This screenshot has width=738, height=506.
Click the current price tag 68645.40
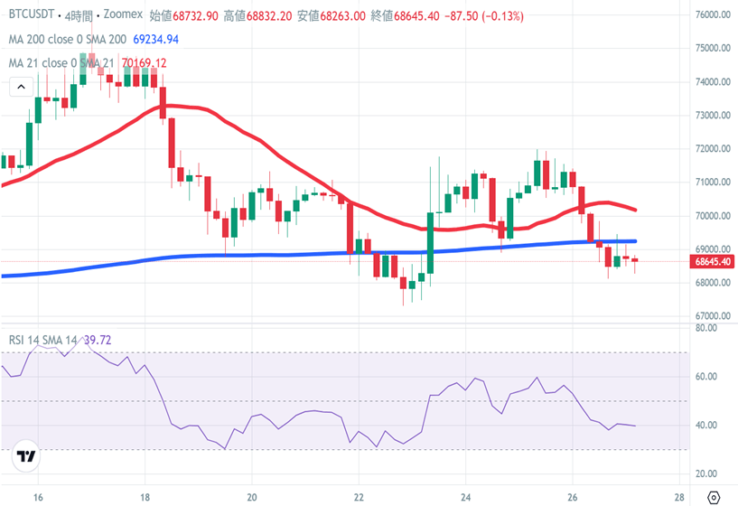715,262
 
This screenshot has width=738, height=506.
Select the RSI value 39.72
102,340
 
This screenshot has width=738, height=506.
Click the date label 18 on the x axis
145,496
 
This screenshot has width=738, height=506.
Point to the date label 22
359,496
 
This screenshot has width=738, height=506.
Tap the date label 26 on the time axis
573,496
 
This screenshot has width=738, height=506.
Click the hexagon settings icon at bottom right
714,496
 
